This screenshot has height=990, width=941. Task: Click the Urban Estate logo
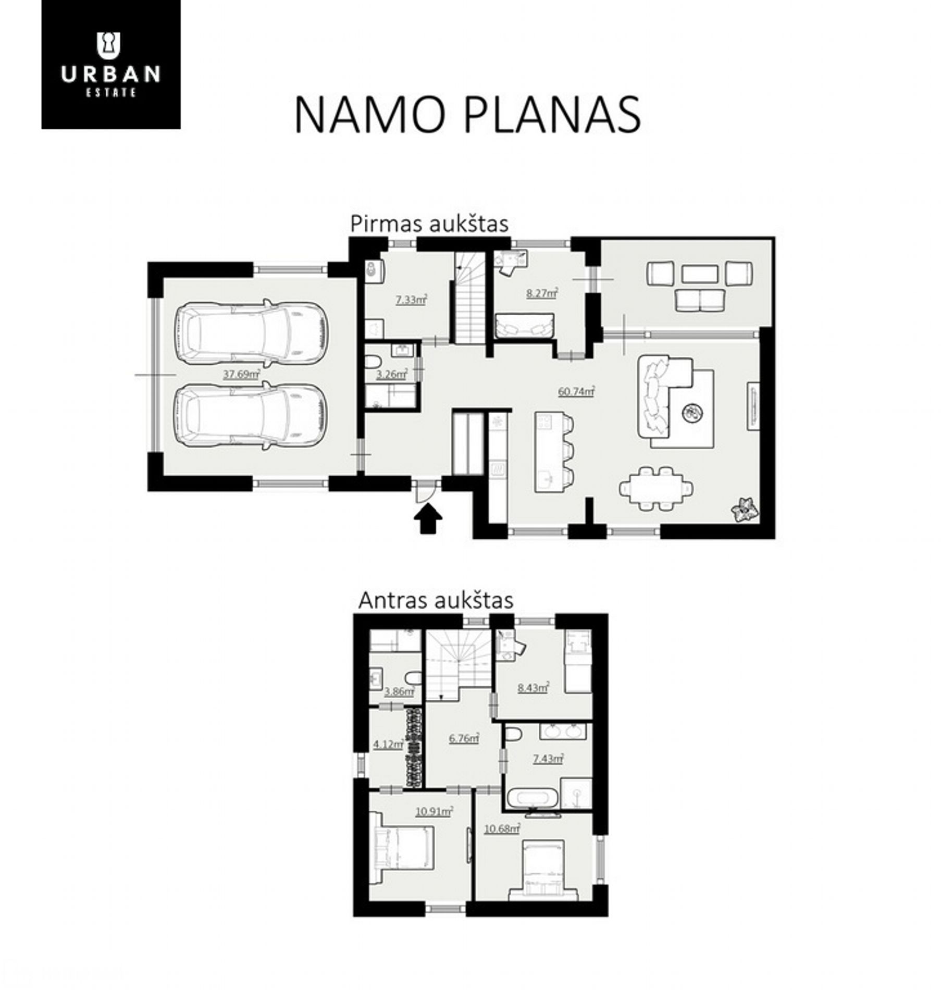pos(111,64)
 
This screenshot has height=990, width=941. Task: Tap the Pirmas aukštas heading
pos(429,224)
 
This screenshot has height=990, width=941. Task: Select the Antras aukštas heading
pos(436,600)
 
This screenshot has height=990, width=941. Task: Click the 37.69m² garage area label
pos(242,374)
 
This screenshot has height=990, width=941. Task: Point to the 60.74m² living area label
pos(576,391)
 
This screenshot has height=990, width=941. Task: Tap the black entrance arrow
pos(428,520)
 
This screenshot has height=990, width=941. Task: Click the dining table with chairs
pos(656,488)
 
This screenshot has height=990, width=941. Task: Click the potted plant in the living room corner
pos(744,510)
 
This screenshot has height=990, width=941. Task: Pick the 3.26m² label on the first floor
pos(391,374)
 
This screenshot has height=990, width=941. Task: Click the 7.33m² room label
pos(411,300)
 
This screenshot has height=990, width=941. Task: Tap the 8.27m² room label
pos(542,293)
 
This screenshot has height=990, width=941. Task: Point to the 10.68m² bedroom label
pos(502,843)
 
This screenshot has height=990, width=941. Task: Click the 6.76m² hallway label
pos(464,738)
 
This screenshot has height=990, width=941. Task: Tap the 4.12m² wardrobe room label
pos(388,745)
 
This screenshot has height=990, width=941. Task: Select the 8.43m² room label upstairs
pos(533,688)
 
